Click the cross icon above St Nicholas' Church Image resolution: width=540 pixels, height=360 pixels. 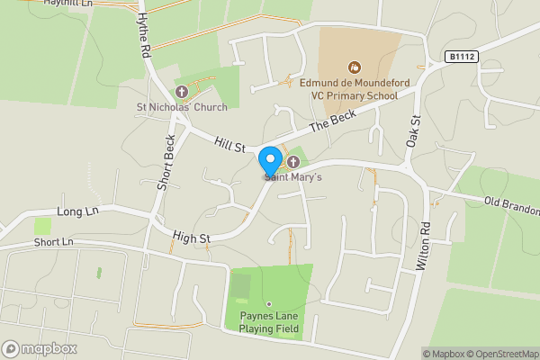coord(181,92)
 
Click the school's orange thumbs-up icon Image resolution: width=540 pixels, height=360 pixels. coord(354,66)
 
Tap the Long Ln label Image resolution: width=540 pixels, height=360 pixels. coord(76,211)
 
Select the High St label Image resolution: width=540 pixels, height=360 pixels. coord(192,238)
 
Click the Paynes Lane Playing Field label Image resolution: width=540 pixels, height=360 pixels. coord(269,322)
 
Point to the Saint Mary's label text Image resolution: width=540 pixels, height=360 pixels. coord(293,177)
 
